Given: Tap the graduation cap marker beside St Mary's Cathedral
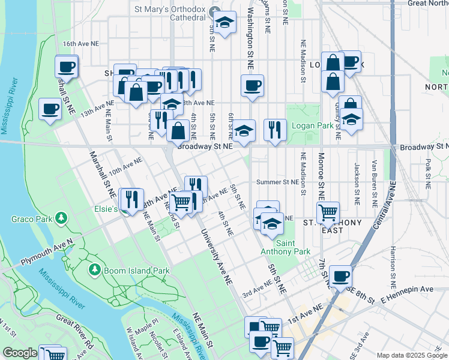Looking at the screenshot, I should point(225,23).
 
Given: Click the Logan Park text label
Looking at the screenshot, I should point(312,126).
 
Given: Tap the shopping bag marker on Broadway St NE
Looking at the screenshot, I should point(178,130).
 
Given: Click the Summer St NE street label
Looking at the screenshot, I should point(277,182).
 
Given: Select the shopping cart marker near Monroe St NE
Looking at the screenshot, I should point(328,212).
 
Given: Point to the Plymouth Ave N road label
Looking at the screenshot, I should point(46,253).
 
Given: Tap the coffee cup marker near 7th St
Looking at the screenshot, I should point(340,276).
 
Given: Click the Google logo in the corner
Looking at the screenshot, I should point(20,353).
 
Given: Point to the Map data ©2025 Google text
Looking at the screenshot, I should point(411,355).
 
